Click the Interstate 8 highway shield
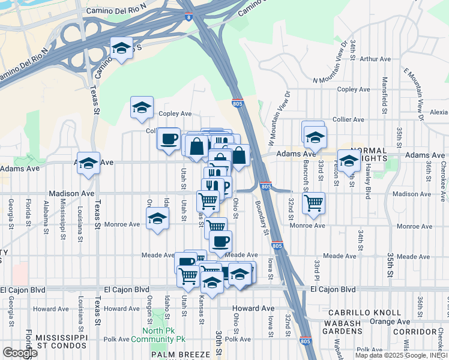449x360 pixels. pyautogui.click(x=189, y=18)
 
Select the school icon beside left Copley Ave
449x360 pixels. pyautogui.click(x=142, y=107)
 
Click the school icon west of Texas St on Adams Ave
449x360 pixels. pyautogui.click(x=88, y=163)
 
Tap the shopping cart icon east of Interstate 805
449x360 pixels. pyautogui.click(x=313, y=202)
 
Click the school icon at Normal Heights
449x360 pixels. pyautogui.click(x=349, y=160)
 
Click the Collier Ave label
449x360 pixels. pyautogui.click(x=348, y=119)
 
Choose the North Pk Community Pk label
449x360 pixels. pyautogui.click(x=164, y=335)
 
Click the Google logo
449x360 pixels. pyautogui.click(x=20, y=353)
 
